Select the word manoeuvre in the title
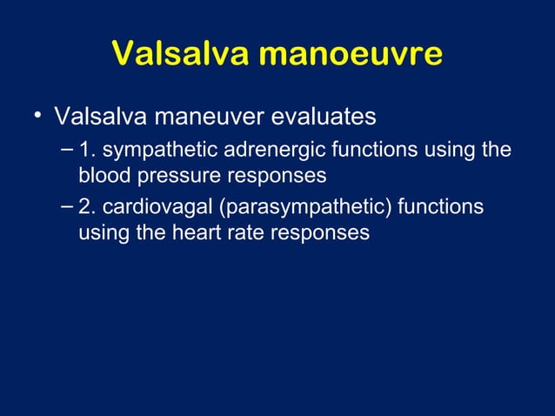(x=355, y=55)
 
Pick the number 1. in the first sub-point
(x=87, y=150)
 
